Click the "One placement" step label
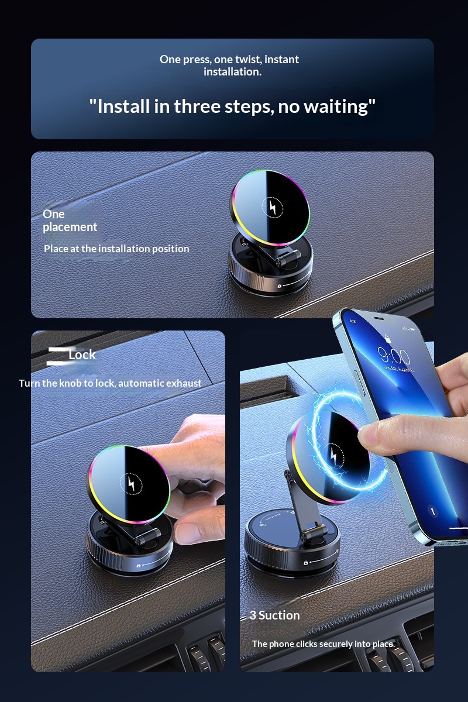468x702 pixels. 70,221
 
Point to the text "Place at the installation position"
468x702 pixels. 116,249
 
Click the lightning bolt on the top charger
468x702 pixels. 273,207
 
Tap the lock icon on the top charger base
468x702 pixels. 279,286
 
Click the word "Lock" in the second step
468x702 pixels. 82,355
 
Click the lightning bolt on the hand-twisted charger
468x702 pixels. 131,483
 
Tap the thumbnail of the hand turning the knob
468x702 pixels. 128,501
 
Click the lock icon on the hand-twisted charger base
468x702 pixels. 138,566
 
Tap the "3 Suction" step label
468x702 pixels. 274,615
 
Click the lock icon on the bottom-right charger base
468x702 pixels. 305,563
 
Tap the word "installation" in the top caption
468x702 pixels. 232,72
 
